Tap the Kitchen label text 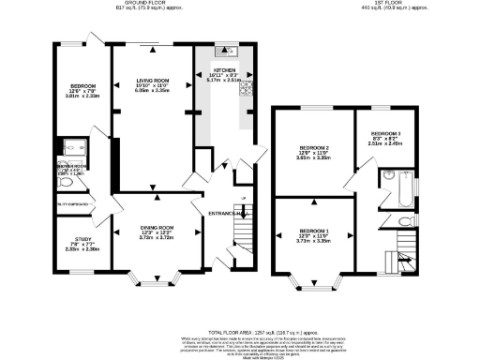(224, 69)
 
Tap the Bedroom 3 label (385, 134)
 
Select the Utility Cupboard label (68, 202)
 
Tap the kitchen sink (226, 51)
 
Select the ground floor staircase (241, 246)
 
